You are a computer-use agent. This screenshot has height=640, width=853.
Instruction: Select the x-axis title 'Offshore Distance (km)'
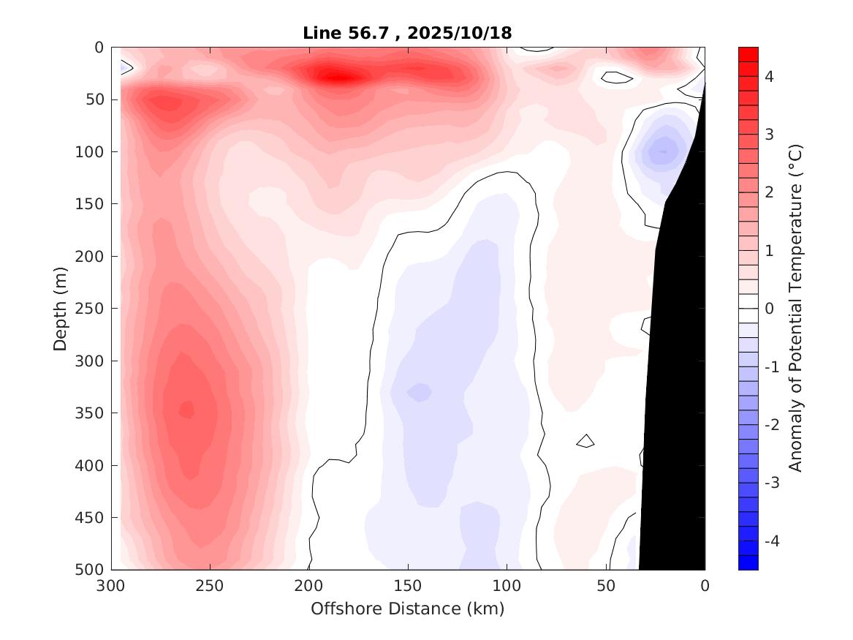[x=407, y=609]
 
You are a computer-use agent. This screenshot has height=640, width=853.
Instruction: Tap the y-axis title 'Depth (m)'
[x=61, y=308]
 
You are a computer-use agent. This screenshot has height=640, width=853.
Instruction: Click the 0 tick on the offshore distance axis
[x=705, y=586]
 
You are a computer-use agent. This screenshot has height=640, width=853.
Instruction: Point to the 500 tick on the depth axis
[x=93, y=570]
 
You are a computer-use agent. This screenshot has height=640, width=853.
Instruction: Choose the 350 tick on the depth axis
[x=93, y=413]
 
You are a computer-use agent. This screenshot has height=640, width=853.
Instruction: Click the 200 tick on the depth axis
[x=93, y=256]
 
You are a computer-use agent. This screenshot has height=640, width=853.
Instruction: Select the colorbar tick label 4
[x=770, y=76]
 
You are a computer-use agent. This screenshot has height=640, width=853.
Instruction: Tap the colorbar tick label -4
[x=773, y=541]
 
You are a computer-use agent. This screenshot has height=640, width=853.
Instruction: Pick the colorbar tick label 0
[x=770, y=309]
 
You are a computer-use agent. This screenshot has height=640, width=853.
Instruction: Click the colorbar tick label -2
[x=773, y=425]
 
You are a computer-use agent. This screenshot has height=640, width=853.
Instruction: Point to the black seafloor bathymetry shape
[x=676, y=366]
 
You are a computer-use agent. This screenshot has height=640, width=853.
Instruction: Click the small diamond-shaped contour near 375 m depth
[x=585, y=440]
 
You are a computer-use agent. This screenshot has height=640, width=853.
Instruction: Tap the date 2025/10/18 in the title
[x=463, y=33]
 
